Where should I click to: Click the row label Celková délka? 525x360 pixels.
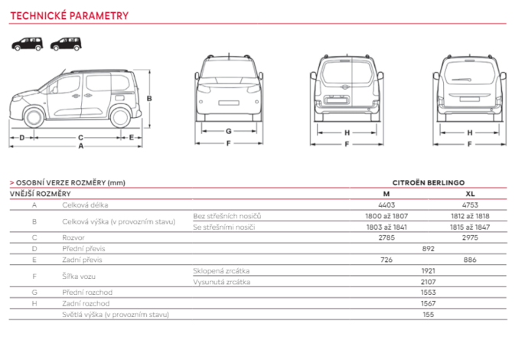click(x=85, y=205)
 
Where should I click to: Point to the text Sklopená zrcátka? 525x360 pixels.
click(x=221, y=271)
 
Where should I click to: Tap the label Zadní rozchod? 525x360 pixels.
click(x=83, y=304)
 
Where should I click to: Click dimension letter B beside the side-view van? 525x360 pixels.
click(x=149, y=99)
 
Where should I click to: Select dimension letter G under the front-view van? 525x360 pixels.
click(x=228, y=132)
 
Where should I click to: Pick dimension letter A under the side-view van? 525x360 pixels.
click(x=80, y=146)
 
